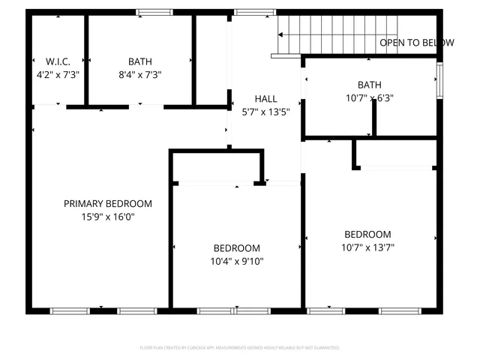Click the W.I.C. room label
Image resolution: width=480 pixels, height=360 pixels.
(58, 61)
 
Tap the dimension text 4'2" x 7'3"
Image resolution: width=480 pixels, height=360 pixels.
(58, 74)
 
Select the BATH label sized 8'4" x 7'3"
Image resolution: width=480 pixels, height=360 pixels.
(139, 61)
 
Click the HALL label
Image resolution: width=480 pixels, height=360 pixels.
(265, 98)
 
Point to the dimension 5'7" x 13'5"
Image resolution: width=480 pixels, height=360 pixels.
(265, 111)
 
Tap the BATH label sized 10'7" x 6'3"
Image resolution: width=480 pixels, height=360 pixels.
(369, 85)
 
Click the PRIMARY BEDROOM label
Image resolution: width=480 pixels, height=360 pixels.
(107, 203)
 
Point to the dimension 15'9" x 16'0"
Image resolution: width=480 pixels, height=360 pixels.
(107, 217)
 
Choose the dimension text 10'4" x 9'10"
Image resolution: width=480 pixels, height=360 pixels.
(237, 261)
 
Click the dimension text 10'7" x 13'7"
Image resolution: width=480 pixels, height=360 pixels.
(367, 247)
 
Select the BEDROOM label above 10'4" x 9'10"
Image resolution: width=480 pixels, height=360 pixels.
(237, 248)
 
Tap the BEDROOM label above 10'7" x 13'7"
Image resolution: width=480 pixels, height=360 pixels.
(367, 234)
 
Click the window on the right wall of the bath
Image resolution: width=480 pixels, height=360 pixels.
(440, 80)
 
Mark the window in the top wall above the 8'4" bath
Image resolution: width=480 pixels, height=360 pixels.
(155, 12)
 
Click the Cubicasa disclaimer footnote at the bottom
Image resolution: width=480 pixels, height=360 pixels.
(240, 348)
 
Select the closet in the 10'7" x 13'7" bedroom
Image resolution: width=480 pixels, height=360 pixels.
(396, 154)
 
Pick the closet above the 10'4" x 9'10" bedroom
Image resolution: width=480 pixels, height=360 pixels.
(217, 166)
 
